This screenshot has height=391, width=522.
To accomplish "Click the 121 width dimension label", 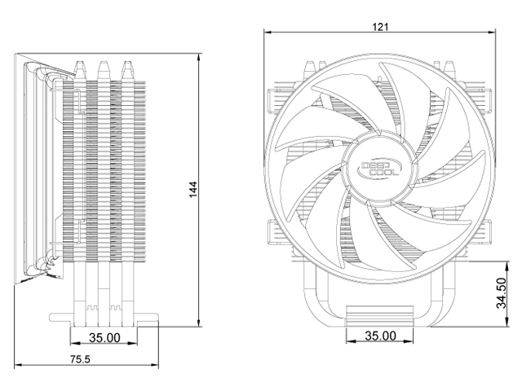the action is (x=380, y=27).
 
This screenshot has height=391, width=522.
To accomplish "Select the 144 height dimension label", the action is (x=193, y=190).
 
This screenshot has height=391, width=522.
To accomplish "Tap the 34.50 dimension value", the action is (x=502, y=293).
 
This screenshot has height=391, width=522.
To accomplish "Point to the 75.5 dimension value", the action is (x=80, y=359).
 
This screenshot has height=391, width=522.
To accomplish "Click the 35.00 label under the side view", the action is (x=104, y=338).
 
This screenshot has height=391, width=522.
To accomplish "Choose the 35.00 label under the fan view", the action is (x=381, y=336).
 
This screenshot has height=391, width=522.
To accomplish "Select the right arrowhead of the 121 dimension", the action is (x=492, y=33).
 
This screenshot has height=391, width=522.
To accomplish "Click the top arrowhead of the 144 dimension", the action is (x=199, y=57).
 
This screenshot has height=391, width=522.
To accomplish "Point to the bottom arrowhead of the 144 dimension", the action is (x=199, y=323).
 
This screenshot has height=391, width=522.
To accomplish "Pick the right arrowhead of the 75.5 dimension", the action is (x=154, y=365).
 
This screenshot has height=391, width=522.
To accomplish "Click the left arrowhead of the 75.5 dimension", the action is (x=19, y=365).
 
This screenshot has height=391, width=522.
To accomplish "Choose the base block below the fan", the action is (x=379, y=316).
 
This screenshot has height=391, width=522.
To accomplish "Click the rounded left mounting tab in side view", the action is (x=60, y=317).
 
